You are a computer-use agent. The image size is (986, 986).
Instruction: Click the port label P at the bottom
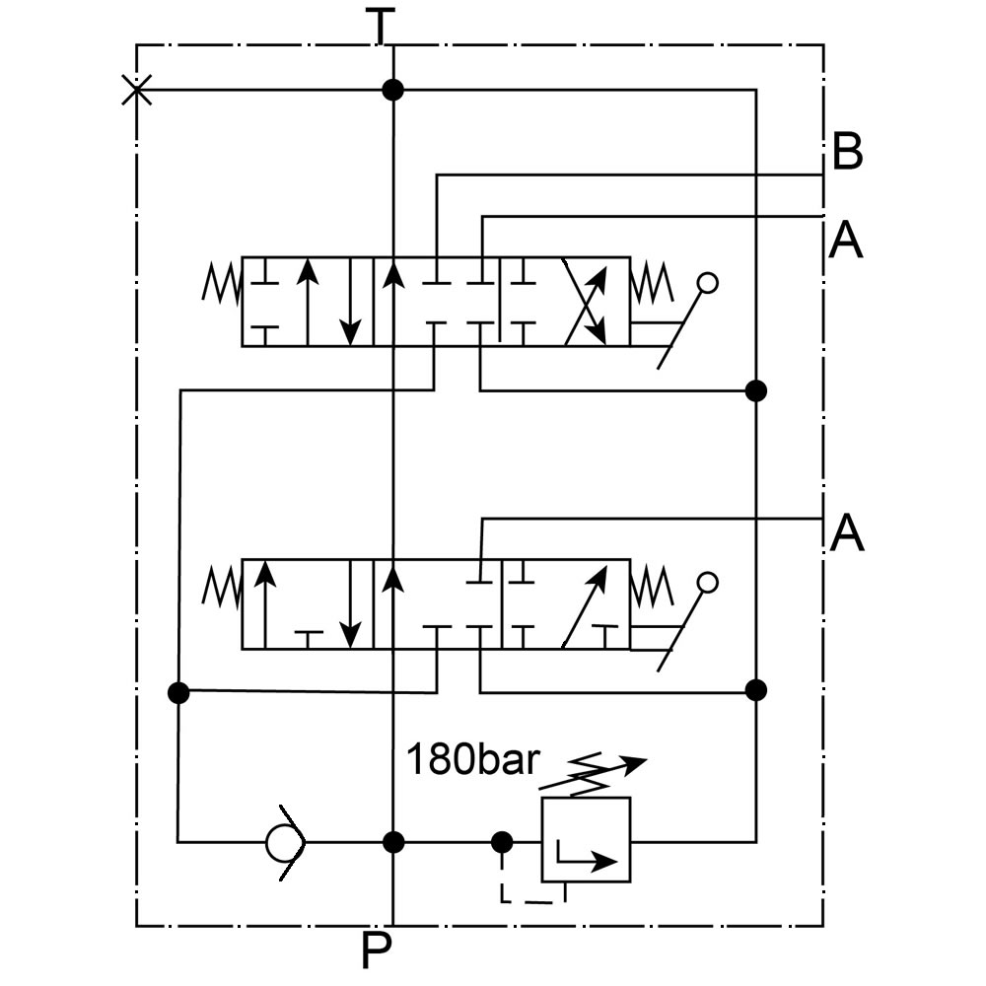click(377, 951)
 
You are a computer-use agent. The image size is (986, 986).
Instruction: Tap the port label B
click(847, 153)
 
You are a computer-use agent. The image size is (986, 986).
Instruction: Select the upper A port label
click(846, 239)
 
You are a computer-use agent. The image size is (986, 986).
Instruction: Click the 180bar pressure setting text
click(473, 760)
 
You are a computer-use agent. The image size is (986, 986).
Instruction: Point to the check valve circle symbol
click(285, 842)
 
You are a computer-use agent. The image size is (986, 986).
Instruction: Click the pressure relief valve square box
click(586, 840)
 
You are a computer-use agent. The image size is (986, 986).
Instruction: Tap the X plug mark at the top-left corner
click(136, 91)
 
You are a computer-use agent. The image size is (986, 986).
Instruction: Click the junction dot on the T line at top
click(393, 91)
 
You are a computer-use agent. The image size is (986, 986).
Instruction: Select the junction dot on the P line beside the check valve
click(393, 842)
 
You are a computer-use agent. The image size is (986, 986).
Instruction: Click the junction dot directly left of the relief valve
click(502, 842)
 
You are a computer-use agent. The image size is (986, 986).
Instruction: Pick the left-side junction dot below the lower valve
click(178, 692)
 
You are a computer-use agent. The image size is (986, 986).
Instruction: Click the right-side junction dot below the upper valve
click(756, 390)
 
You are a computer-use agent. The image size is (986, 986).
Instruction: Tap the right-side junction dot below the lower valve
click(756, 689)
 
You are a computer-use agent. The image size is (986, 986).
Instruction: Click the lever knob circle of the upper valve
click(706, 284)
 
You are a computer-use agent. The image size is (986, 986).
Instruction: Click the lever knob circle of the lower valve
click(706, 583)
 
